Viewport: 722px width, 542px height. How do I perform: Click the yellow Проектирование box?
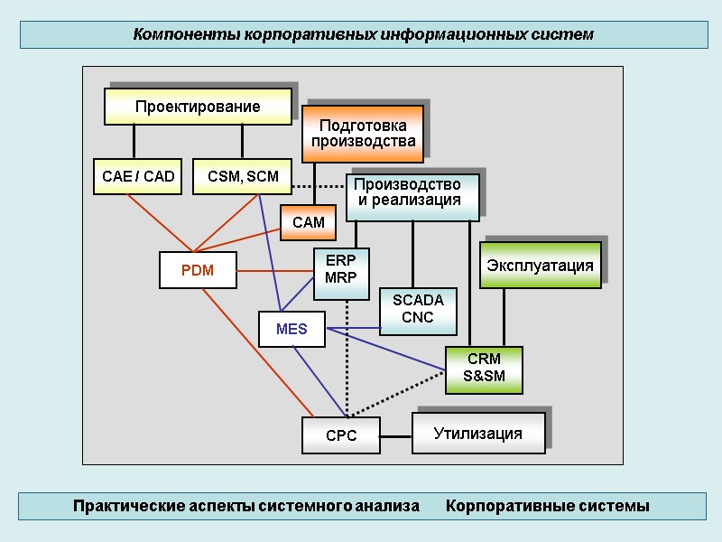click(x=198, y=107)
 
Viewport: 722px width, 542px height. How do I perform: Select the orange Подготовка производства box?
click(x=363, y=134)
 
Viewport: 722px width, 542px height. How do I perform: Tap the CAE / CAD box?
click(x=138, y=176)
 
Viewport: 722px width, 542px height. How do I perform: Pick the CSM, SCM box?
click(x=243, y=176)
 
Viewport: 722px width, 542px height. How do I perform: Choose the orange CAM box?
click(x=308, y=222)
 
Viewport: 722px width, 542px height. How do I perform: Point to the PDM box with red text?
click(x=198, y=269)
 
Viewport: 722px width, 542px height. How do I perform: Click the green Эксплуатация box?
click(x=540, y=265)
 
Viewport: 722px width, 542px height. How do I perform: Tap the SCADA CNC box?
click(x=418, y=310)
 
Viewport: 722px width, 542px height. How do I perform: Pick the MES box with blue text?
click(x=292, y=330)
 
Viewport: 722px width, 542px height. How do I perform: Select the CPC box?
click(x=341, y=435)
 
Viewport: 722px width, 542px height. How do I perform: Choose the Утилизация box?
click(x=478, y=434)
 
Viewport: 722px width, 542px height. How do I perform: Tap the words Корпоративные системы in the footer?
click(x=547, y=506)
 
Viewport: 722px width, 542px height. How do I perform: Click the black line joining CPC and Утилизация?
click(x=396, y=436)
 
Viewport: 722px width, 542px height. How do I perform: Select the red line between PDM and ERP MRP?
click(x=275, y=270)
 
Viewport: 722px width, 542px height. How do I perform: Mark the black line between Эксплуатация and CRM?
click(x=504, y=317)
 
